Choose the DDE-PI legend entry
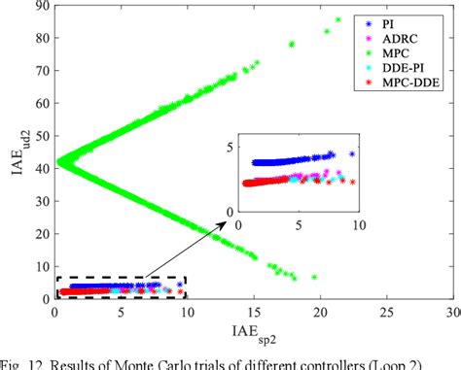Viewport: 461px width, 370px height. point(408,69)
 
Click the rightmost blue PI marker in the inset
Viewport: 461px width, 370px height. point(352,154)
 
